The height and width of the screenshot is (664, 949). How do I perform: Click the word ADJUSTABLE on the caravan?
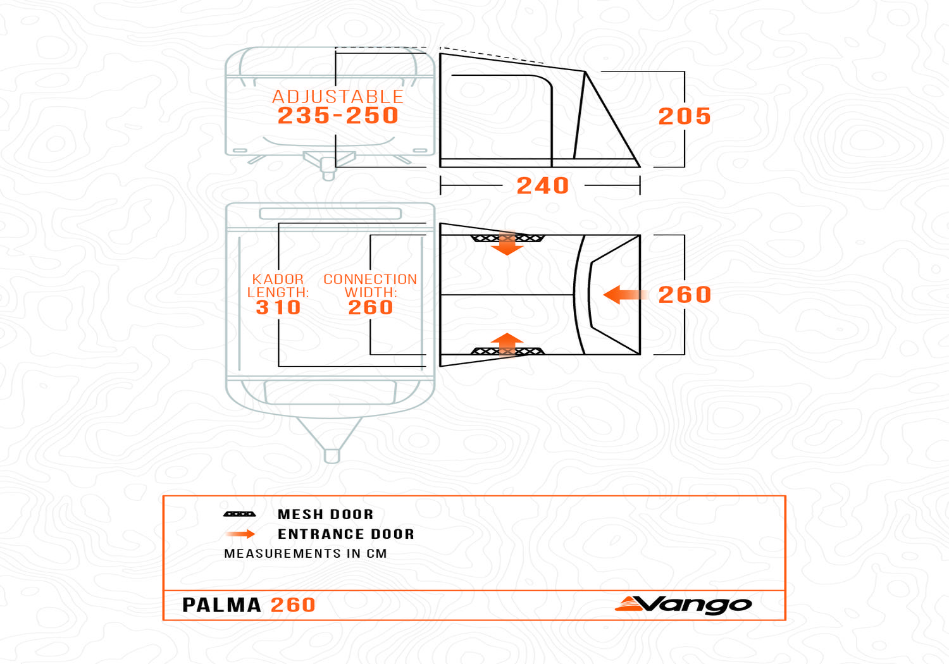[x=338, y=97]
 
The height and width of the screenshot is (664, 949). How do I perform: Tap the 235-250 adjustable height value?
[x=338, y=116]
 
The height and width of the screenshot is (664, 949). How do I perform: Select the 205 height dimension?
[x=684, y=116]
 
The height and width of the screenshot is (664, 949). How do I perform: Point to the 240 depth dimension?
[x=543, y=185]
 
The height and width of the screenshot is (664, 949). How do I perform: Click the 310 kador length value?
[x=278, y=307]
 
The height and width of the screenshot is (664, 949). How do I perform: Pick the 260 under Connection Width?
[x=371, y=307]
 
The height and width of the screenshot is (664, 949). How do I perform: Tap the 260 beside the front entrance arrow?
[x=684, y=295]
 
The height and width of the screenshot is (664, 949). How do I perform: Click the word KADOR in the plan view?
[x=278, y=280]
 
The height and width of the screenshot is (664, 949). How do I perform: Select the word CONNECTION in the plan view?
[x=370, y=280]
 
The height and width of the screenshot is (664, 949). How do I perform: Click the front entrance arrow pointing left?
[x=625, y=295]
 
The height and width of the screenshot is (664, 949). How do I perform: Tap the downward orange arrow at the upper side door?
[x=507, y=243]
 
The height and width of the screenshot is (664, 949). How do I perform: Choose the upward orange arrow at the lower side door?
[x=507, y=345]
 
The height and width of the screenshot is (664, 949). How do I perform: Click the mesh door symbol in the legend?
[x=239, y=514]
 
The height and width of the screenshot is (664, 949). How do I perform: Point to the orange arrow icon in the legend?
[x=240, y=534]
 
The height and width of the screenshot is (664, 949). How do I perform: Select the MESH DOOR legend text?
[x=325, y=515]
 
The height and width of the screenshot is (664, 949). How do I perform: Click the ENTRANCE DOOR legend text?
[x=345, y=534]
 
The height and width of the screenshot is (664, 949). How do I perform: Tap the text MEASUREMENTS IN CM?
[x=306, y=554]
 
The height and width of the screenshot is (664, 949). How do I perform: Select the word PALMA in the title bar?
[x=221, y=605]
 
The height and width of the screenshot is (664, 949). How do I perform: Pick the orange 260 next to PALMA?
[x=293, y=605]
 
